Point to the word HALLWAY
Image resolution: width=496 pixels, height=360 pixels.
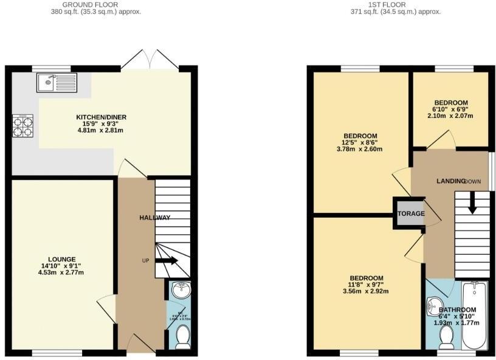coord(155,218)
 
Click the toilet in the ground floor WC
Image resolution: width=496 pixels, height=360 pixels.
coord(182,336)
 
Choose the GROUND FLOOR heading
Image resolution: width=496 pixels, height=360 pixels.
coord(96,4)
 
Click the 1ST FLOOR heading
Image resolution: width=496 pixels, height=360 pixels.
coord(396,4)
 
